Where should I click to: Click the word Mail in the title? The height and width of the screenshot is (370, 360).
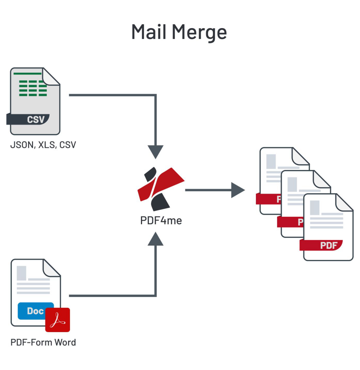point(149,32)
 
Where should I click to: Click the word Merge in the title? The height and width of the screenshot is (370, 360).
point(199,33)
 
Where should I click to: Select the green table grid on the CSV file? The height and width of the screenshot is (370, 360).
point(33,88)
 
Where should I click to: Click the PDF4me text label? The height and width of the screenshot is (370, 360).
point(161,221)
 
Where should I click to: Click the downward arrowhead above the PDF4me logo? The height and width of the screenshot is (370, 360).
point(155,151)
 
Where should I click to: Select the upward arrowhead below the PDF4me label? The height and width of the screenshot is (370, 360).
point(155,240)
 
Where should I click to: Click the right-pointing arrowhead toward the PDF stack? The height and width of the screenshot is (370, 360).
point(238,190)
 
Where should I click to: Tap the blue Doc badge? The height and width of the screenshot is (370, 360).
point(36,311)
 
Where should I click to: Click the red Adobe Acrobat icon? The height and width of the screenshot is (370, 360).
point(58,320)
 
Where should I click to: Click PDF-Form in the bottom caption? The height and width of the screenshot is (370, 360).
point(31,342)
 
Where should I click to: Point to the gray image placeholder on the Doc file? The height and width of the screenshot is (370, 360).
point(21,273)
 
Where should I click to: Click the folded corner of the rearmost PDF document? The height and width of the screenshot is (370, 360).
point(301,156)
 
